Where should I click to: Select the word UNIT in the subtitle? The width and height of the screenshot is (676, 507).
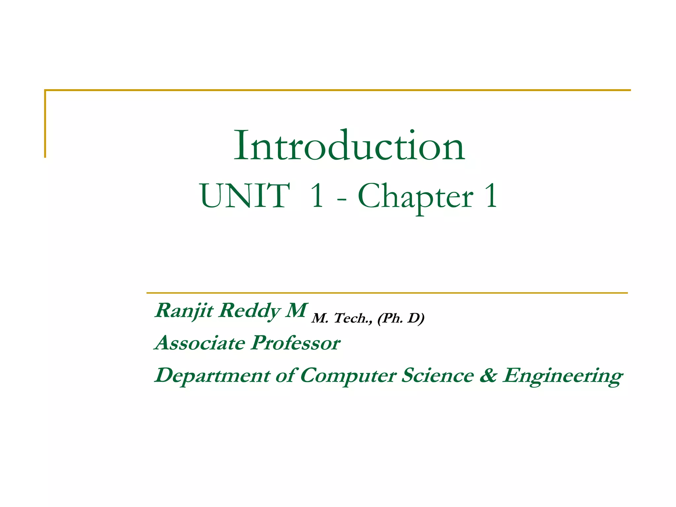(245, 196)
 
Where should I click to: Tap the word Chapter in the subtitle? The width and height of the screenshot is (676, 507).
(416, 197)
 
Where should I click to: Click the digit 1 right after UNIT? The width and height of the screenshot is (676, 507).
(317, 196)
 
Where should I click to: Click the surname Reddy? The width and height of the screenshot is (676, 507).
(250, 311)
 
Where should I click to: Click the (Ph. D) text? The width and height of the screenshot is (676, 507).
(401, 318)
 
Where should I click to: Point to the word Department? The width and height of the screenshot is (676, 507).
(212, 376)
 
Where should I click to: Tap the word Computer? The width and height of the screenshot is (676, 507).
(348, 376)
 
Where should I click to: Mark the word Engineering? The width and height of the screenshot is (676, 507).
(562, 376)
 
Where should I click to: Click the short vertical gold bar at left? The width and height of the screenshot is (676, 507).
(45, 124)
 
